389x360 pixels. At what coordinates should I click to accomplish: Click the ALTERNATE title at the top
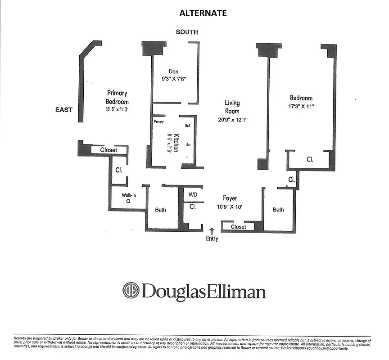click(203, 13)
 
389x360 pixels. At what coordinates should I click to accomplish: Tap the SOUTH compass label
click(187, 32)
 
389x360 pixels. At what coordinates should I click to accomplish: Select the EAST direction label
click(63, 109)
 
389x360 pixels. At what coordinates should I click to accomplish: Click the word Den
click(174, 71)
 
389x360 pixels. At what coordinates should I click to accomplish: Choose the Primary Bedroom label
click(117, 97)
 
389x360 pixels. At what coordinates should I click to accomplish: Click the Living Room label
click(232, 107)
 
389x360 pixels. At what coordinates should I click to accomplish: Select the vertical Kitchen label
click(177, 143)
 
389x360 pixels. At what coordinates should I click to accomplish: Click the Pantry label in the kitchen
click(159, 122)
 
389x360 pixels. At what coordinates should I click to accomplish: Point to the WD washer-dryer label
click(193, 195)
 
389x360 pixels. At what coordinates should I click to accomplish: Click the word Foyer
click(230, 198)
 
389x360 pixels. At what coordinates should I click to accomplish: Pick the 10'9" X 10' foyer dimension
click(230, 207)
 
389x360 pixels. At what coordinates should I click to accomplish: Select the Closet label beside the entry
click(238, 227)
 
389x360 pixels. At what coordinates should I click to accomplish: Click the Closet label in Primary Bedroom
click(109, 150)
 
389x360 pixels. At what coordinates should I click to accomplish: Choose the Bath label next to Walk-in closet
click(161, 209)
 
